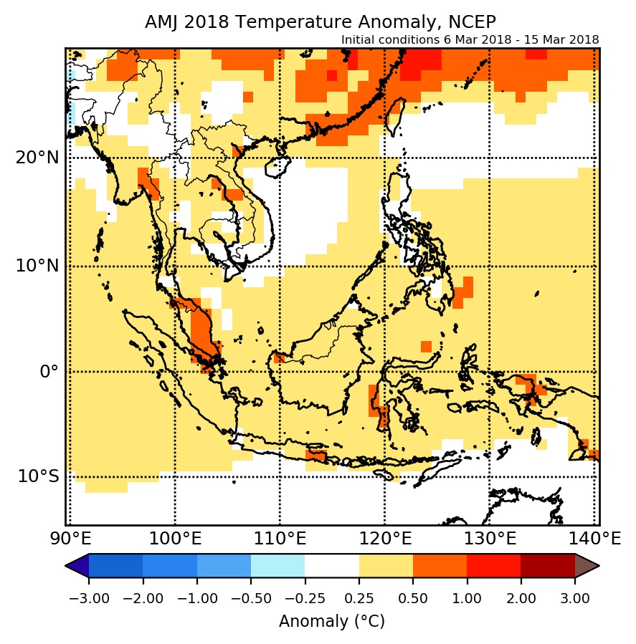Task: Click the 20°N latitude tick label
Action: click(37, 158)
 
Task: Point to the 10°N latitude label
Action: click(37, 266)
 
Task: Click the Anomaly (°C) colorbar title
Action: click(332, 621)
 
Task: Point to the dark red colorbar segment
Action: click(548, 566)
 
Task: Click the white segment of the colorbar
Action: click(332, 566)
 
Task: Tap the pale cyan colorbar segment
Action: click(278, 566)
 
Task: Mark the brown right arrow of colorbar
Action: click(586, 566)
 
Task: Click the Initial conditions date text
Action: click(470, 39)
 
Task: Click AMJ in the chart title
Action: click(161, 22)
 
